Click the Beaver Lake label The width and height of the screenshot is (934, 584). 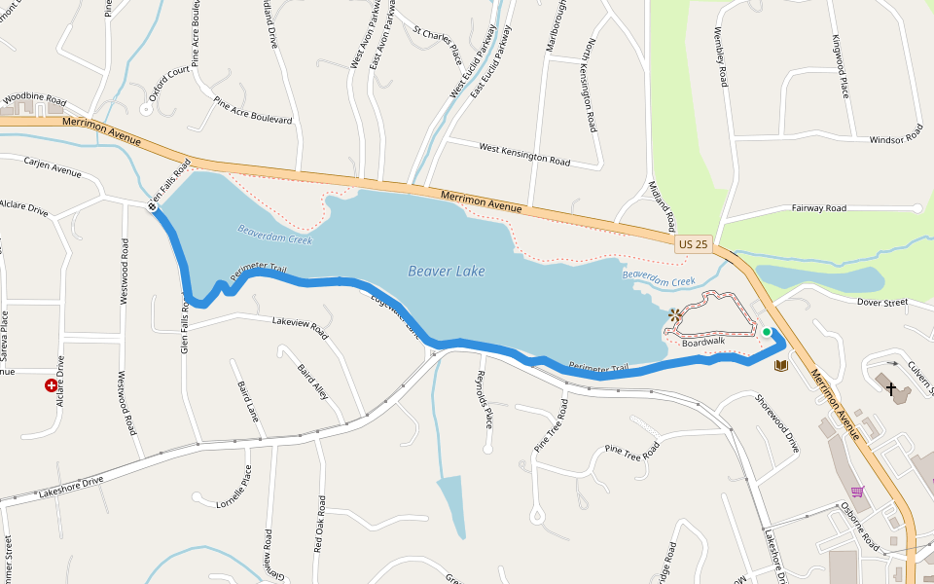[x=446, y=272]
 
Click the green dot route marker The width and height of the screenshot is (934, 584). [x=767, y=333]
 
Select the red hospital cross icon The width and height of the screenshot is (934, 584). [x=52, y=385]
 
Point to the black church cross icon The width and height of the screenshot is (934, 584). [x=890, y=388]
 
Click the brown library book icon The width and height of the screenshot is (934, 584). [x=780, y=366]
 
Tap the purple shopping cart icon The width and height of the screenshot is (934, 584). [x=857, y=491]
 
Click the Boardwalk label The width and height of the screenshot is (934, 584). [x=703, y=343]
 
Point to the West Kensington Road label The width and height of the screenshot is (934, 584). [x=524, y=154]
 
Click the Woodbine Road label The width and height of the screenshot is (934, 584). [x=34, y=99]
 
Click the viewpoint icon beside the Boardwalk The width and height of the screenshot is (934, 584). [x=676, y=316]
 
